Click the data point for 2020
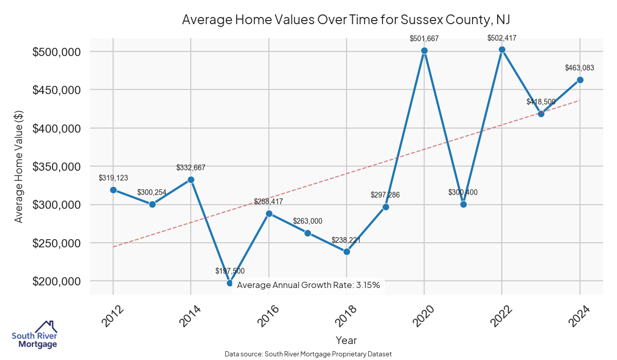[424, 50]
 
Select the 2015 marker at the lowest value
[230, 283]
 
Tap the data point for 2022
[502, 49]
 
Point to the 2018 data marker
[347, 251]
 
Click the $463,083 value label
[580, 67]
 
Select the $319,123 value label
[113, 178]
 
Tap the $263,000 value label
[307, 221]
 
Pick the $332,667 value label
[191, 168]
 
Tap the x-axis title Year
[346, 340]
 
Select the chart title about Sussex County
[346, 20]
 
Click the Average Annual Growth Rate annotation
[308, 285]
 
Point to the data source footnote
[308, 354]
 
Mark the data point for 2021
[463, 204]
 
